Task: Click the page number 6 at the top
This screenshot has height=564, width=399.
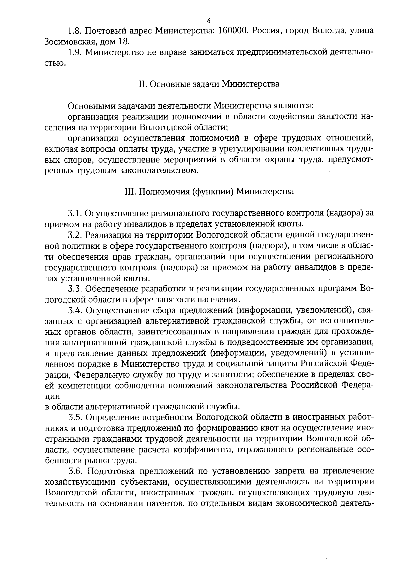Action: point(208,21)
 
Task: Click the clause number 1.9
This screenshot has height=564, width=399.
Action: point(75,53)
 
